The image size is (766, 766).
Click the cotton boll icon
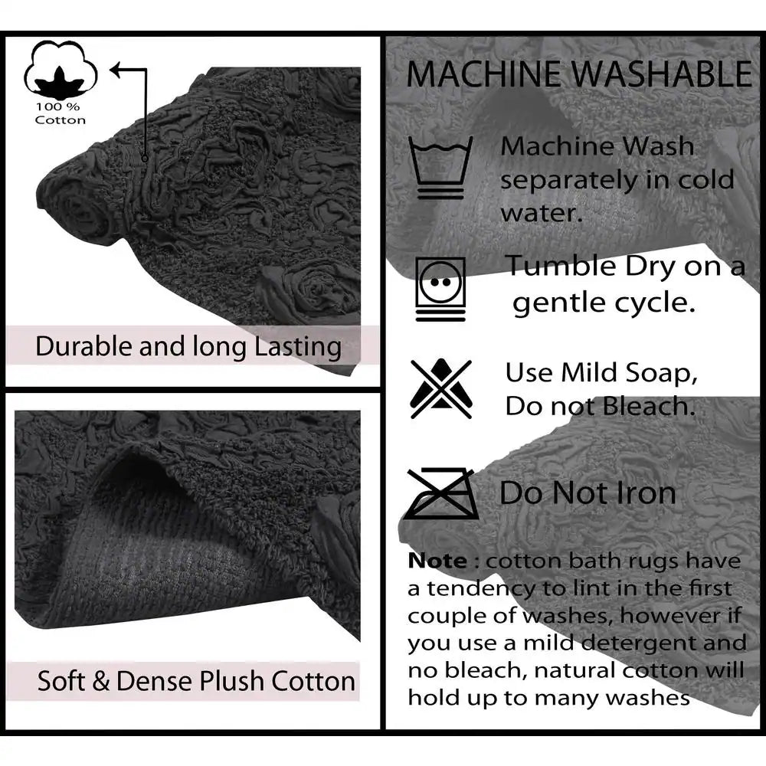61,70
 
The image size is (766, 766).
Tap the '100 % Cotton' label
60,113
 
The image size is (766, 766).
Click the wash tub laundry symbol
440,167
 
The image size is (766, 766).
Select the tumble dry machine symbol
440,289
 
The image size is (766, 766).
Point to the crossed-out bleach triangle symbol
441,389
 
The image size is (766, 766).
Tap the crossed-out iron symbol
441,493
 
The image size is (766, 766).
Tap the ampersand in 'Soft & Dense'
100,681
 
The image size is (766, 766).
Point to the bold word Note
437,561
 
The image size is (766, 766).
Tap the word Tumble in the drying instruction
561,267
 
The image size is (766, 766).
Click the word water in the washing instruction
541,214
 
